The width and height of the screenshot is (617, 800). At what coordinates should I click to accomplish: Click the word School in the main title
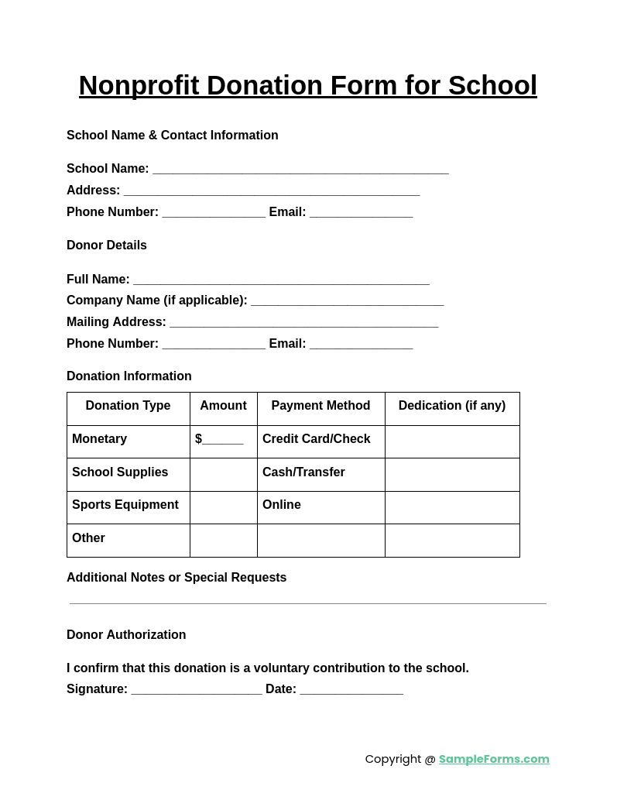click(x=492, y=85)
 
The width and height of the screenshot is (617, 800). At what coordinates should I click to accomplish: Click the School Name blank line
click(x=300, y=170)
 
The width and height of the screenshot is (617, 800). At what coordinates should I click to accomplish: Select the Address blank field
click(x=271, y=191)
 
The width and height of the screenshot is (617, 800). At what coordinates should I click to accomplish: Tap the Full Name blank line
click(x=281, y=280)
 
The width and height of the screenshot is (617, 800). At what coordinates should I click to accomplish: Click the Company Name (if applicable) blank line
click(x=347, y=301)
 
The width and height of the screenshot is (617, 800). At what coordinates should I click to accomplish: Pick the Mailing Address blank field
click(x=303, y=323)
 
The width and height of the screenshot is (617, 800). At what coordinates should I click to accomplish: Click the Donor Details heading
click(x=107, y=245)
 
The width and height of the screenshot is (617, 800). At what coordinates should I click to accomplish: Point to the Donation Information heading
click(x=129, y=376)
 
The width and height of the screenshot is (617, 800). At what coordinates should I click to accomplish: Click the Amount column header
click(x=223, y=406)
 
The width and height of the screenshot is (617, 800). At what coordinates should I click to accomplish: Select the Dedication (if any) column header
click(x=452, y=406)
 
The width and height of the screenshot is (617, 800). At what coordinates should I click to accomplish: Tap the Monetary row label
click(x=99, y=439)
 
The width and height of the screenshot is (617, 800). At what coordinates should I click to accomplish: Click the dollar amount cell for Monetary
click(x=223, y=440)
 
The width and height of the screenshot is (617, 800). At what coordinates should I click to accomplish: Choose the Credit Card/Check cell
click(x=317, y=439)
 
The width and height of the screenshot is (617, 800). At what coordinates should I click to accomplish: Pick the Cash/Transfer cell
click(x=303, y=472)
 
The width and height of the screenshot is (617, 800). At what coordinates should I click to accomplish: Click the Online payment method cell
click(x=282, y=505)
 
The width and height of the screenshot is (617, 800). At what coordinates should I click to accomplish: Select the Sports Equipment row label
click(x=125, y=505)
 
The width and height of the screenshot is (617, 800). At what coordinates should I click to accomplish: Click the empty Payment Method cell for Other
click(x=320, y=540)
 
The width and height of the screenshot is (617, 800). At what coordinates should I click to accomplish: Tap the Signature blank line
click(x=197, y=690)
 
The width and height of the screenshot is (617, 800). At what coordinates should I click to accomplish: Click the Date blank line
click(x=351, y=690)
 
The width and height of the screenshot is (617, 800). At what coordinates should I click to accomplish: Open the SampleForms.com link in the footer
click(x=494, y=759)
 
